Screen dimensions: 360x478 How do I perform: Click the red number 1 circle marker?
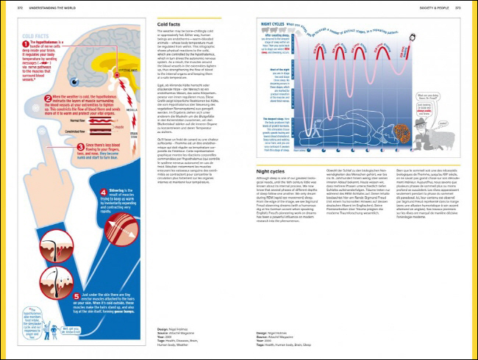(26, 43)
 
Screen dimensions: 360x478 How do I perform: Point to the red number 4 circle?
(102, 192)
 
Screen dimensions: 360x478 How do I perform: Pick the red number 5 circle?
(76, 296)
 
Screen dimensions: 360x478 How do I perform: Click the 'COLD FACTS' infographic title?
(35, 35)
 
